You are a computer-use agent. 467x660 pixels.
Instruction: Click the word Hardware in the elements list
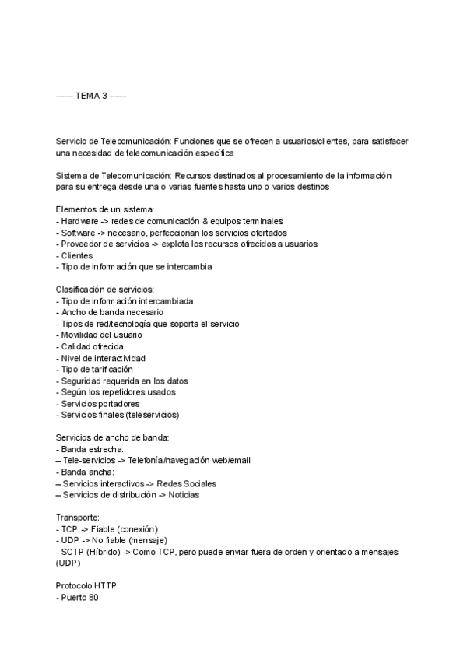point(79,221)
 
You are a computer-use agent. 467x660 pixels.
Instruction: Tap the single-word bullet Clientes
point(77,255)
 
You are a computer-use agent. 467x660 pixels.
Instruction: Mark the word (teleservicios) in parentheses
point(153,415)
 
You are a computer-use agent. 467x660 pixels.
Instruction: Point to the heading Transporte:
point(78,518)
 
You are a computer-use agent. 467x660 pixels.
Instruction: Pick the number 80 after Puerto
point(93,598)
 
